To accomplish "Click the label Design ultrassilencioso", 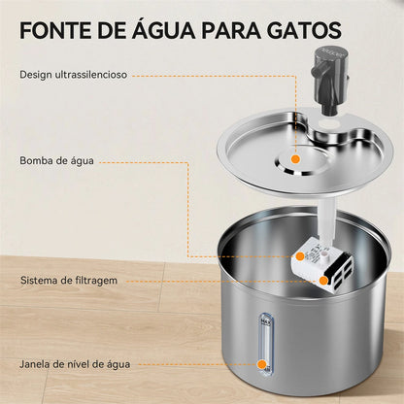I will [74, 74].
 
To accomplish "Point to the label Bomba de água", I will [55, 160].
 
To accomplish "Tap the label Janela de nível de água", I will [74, 365].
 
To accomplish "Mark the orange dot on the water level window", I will [261, 365].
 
